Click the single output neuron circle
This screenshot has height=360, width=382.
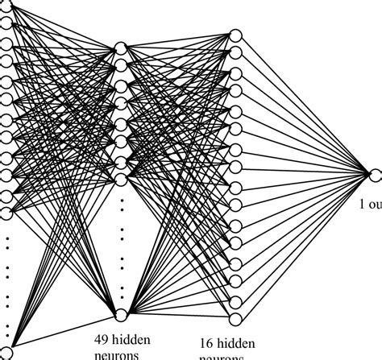click(373, 173)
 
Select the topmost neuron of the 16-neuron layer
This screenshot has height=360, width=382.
click(235, 34)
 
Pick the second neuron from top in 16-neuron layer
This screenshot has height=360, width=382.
click(235, 53)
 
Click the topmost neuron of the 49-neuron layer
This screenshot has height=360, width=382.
click(121, 48)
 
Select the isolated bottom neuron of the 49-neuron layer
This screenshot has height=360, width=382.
click(121, 314)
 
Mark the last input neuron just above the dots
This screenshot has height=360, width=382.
click(6, 212)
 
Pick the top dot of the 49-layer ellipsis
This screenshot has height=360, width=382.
click(121, 198)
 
